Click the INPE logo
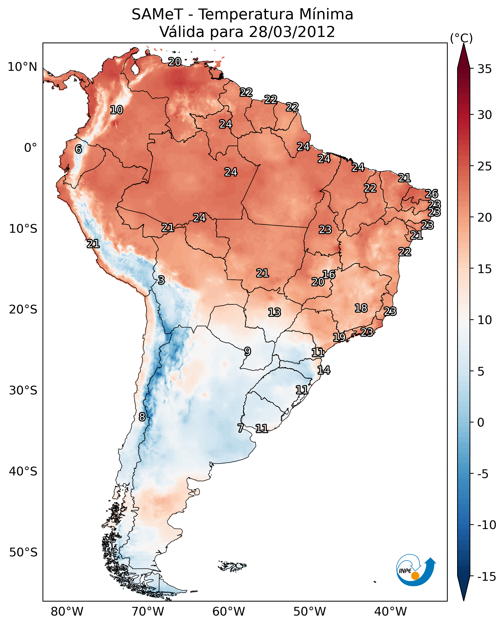(x=416, y=570)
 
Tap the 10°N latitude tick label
(x=22, y=67)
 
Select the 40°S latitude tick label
(x=23, y=471)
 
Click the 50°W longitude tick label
(x=310, y=611)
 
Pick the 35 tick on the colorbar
(x=484, y=69)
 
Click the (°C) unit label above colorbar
(x=461, y=38)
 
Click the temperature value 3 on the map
(x=161, y=280)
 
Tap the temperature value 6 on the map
(x=78, y=149)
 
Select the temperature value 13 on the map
(x=274, y=312)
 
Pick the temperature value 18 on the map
(x=361, y=308)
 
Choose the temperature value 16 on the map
(x=329, y=274)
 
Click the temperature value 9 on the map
(x=247, y=351)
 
